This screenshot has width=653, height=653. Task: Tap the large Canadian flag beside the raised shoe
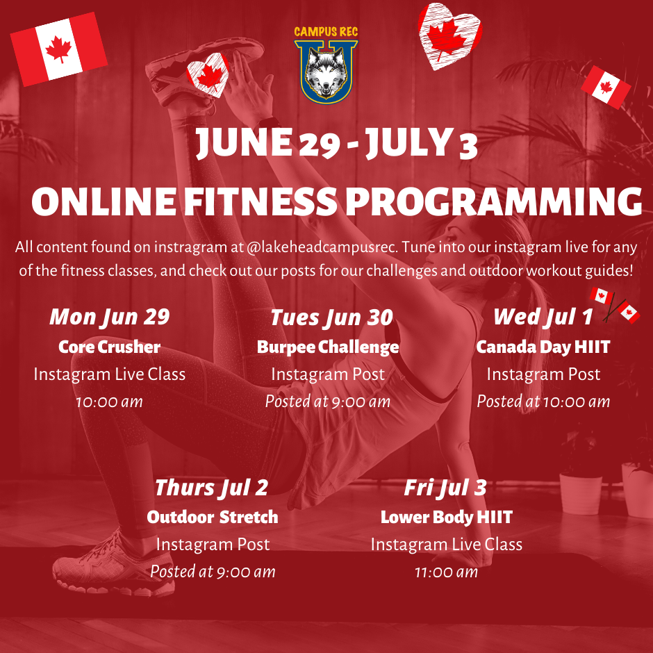59,49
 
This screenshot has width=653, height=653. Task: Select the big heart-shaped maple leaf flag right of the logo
449,36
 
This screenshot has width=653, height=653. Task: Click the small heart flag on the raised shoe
208,75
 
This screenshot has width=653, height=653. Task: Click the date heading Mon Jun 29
110,317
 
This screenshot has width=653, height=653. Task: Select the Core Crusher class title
110,347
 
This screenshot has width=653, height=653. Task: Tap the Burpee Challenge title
328,347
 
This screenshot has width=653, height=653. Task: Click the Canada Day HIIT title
543,347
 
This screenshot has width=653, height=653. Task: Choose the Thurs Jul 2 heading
212,488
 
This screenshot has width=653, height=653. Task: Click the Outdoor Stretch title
213,518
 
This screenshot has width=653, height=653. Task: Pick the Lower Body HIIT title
447,518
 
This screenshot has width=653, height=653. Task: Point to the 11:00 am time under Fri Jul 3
447,572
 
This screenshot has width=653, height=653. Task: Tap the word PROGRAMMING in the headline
494,201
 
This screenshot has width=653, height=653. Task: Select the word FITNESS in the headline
260,201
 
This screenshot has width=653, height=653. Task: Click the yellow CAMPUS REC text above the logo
326,32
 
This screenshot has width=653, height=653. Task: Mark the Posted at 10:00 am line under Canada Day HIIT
543,402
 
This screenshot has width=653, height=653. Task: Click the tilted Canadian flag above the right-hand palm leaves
606,88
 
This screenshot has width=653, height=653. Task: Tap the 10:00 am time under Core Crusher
110,402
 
